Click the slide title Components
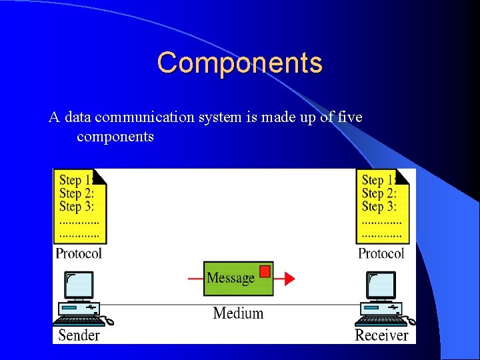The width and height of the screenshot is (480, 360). pos(240,63)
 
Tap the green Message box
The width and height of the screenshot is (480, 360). pos(237,278)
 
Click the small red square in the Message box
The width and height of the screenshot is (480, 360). pos(265,271)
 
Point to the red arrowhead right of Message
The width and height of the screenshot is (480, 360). pos(289,278)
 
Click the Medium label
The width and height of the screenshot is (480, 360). pos(238,313)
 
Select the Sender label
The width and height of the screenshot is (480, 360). pos(79,335)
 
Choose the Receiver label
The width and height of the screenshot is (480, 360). pos(381,335)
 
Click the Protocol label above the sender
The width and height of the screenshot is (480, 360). pos(79,253)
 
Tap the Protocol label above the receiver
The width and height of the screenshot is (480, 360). pos(381,253)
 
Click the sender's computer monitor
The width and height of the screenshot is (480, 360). pos(79,285)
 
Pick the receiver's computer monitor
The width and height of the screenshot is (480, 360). pos(382,285)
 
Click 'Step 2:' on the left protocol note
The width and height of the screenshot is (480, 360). pos(77,193)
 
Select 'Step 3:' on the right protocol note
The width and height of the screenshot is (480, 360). pos(379,207)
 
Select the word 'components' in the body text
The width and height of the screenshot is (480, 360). pos(115,137)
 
